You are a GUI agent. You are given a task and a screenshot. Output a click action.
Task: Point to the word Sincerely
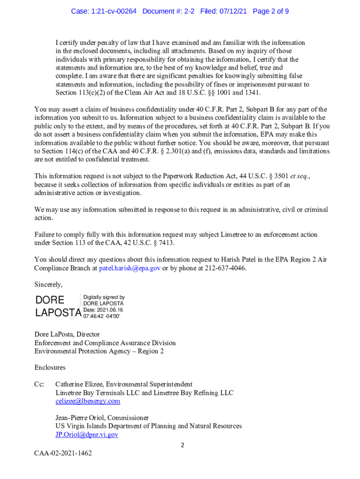pyautogui.click(x=48, y=284)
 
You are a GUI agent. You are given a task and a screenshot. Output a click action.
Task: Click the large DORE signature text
pyautogui.click(x=50, y=300)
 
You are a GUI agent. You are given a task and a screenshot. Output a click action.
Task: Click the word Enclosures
pyautogui.click(x=50, y=367)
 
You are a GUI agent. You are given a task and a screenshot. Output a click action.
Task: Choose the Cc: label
pyautogui.click(x=39, y=384)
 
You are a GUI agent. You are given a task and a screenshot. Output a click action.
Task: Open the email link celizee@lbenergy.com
pyautogui.click(x=87, y=401)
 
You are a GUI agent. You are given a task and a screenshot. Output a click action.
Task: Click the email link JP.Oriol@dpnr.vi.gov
pyautogui.click(x=86, y=435)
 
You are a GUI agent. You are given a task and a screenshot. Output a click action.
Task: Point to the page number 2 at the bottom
pyautogui.click(x=183, y=445)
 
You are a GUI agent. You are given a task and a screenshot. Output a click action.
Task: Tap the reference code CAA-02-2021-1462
pyautogui.click(x=63, y=453)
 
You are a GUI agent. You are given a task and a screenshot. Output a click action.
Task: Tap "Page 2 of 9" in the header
pyautogui.click(x=270, y=11)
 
